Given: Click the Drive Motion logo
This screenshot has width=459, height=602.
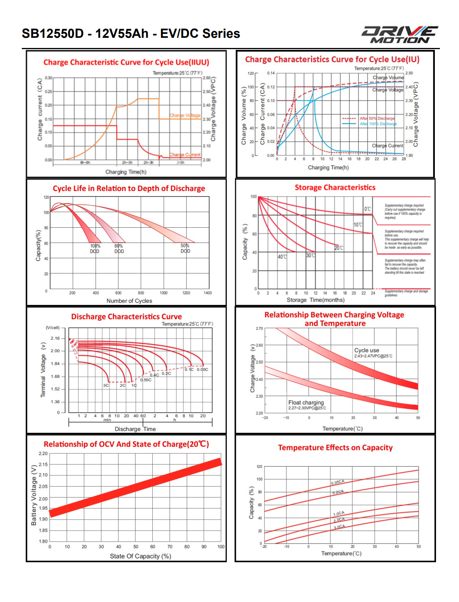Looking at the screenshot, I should (x=399, y=35).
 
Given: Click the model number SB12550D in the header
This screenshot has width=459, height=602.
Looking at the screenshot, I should (x=53, y=34).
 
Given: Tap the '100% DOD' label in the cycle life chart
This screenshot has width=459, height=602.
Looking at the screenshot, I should (x=95, y=249).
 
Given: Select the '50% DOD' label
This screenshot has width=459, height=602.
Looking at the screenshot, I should (x=185, y=249).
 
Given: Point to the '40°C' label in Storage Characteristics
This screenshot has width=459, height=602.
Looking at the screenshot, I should (x=282, y=257).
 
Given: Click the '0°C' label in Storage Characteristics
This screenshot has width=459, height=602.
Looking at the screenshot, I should (x=367, y=209).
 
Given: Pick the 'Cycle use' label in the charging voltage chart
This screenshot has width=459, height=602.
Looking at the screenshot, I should (x=367, y=350).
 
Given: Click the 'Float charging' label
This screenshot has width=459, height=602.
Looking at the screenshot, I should (x=306, y=402).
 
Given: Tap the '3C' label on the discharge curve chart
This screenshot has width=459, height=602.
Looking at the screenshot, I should (x=106, y=385).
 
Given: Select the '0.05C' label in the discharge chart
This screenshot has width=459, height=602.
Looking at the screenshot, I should (x=202, y=369).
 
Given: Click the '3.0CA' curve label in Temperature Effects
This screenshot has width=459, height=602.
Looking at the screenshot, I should (x=339, y=527).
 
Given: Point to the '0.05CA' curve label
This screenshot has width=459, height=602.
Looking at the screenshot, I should (x=337, y=482).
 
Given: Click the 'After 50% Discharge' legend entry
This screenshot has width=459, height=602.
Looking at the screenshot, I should (x=377, y=118).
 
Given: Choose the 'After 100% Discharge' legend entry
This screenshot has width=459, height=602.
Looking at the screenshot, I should (x=378, y=124).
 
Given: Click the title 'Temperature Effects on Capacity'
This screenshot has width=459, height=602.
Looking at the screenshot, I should (x=335, y=448).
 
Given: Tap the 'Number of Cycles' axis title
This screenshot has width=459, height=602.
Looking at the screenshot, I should (x=129, y=301).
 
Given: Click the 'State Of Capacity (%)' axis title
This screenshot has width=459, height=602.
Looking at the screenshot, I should (x=140, y=556).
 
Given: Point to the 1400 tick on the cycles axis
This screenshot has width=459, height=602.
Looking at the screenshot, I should (x=208, y=293).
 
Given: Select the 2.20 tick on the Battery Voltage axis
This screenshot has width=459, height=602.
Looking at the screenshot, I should (x=43, y=453).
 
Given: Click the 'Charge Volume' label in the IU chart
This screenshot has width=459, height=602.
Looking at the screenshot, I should (x=388, y=78).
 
